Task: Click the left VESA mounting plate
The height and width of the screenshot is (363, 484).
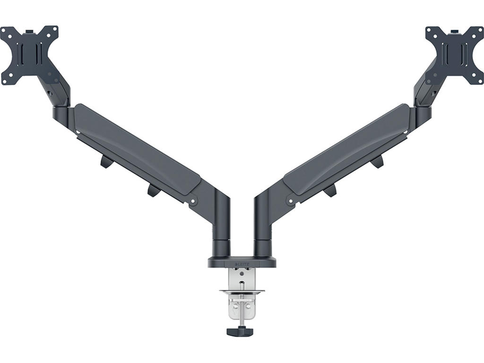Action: [29, 55]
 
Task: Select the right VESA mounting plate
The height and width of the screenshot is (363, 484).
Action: [454, 55]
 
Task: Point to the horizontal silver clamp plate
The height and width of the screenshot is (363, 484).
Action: [242, 292]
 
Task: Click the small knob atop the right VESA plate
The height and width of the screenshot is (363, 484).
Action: [455, 32]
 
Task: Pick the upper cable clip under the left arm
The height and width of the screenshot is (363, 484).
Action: [106, 162]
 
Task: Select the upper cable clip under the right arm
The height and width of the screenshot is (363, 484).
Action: [377, 162]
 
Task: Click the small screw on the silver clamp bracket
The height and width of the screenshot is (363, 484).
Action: [242, 274]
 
